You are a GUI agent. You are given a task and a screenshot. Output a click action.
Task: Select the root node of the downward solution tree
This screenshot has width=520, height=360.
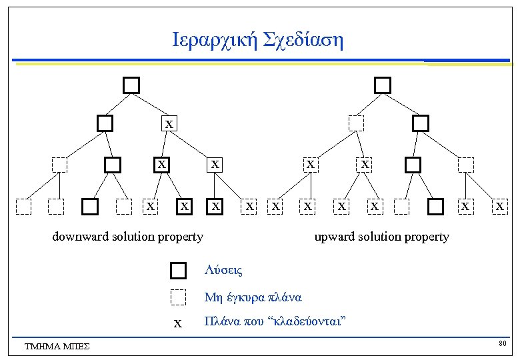[131, 85]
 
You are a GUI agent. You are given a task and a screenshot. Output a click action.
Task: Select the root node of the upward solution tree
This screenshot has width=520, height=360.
[382, 85]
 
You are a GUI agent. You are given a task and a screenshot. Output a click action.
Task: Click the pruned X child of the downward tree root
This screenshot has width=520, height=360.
[169, 123]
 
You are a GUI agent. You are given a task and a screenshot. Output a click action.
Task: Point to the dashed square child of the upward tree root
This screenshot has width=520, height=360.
[357, 123]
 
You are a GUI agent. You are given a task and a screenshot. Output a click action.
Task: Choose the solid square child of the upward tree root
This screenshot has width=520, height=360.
[421, 123]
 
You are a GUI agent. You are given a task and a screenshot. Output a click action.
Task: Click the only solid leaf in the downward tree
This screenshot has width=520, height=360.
[91, 207]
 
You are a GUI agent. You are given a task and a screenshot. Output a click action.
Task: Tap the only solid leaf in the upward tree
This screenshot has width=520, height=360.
[435, 207]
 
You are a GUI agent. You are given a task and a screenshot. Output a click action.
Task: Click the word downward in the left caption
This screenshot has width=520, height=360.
[80, 237]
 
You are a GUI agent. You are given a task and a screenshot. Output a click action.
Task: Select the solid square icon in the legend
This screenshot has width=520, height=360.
[178, 271]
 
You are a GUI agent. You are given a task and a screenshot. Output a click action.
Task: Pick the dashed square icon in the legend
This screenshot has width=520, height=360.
[178, 297]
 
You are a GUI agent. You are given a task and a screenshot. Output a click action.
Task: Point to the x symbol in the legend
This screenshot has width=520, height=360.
[177, 324]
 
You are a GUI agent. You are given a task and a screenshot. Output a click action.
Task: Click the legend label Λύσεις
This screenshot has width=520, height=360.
[223, 271]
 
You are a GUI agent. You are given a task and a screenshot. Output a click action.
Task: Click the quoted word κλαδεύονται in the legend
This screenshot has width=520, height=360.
[305, 323]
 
